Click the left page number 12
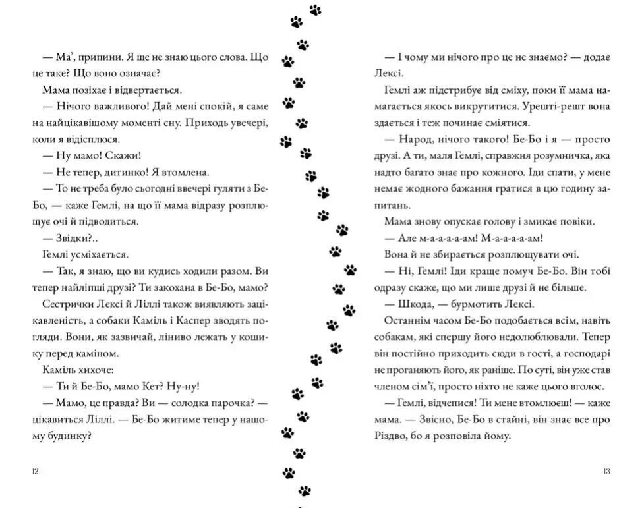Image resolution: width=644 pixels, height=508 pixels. pos(35,471)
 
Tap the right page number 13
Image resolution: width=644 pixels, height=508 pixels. pos(606,471)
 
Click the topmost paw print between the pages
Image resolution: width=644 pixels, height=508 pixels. pos(315,10)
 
